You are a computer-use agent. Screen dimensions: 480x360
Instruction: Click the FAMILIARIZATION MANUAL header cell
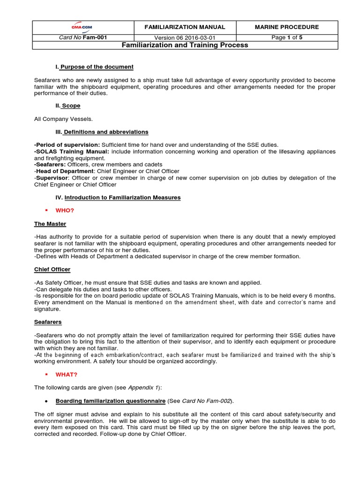click(x=185, y=27)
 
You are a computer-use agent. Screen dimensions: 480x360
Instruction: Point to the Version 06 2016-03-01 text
click(x=185, y=38)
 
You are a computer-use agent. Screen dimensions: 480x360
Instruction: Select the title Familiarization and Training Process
click(x=185, y=45)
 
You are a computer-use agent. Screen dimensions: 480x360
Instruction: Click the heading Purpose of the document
click(x=97, y=67)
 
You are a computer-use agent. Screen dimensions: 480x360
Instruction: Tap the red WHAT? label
click(x=67, y=375)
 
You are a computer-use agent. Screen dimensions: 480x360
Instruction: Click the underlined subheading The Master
click(x=50, y=224)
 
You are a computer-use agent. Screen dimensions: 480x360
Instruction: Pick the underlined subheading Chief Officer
click(x=52, y=270)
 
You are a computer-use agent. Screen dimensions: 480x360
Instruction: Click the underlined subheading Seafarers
click(x=48, y=322)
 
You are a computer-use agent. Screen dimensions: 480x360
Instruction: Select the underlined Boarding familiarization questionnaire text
click(x=110, y=401)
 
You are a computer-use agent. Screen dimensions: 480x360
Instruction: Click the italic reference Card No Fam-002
click(x=207, y=401)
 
